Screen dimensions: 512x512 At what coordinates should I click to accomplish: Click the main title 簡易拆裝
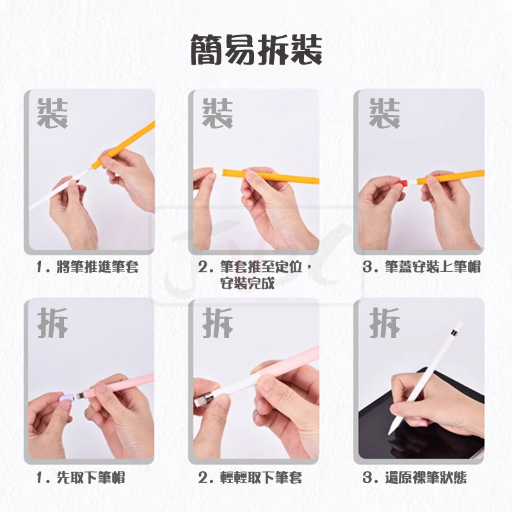click(256, 51)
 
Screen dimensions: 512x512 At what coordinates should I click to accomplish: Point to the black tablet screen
click(421, 421)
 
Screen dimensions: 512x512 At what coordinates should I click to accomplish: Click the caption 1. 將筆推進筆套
click(88, 267)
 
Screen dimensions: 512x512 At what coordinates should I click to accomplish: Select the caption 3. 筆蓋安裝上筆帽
click(422, 267)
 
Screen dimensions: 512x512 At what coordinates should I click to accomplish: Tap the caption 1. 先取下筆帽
click(81, 477)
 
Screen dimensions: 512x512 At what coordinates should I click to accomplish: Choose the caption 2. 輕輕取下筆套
click(250, 477)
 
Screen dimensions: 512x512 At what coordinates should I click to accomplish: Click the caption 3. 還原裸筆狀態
click(414, 477)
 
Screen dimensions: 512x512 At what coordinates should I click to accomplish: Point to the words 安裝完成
click(247, 284)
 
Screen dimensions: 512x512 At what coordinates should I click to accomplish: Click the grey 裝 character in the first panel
click(52, 113)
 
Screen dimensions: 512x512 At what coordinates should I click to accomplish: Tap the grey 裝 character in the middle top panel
click(218, 113)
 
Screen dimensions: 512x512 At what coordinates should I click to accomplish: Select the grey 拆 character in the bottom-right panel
click(385, 323)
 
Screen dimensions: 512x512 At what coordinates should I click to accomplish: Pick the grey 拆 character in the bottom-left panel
click(52, 323)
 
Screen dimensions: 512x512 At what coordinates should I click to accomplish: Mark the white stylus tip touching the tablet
click(390, 433)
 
